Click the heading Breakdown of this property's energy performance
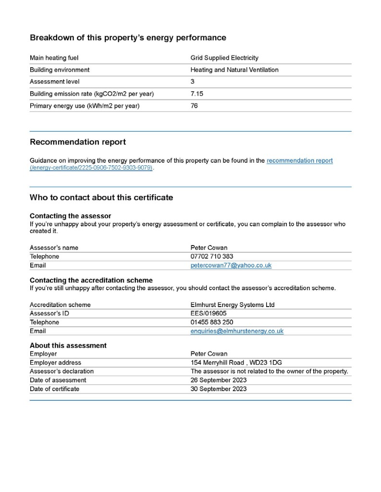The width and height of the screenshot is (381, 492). pos(128,37)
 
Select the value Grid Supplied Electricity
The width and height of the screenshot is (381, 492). pos(224,58)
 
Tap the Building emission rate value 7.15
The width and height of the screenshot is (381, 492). pos(197,94)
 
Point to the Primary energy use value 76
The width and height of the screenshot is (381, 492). pos(194,106)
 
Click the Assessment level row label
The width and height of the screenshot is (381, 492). pos(55,82)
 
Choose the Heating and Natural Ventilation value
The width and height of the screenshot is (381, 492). pos(234,70)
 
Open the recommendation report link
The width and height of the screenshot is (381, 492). pos(299,161)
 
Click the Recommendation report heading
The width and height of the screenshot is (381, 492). pos(78,142)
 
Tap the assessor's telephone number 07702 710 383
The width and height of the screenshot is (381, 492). pos(212,257)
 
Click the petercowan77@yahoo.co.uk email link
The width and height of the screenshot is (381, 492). pos(231,266)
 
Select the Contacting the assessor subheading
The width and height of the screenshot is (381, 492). pos(71,216)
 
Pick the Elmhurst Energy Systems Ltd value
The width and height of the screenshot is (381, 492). pos(233,305)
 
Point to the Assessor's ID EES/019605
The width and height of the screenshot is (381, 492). pos(209,314)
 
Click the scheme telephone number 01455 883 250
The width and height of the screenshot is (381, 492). pos(212,322)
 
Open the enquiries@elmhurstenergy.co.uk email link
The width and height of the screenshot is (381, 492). pos(237,332)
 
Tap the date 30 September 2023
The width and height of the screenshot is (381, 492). pos(219,389)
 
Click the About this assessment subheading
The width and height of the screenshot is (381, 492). pos(68,345)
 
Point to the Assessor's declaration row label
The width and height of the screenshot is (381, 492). pos(61,371)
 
